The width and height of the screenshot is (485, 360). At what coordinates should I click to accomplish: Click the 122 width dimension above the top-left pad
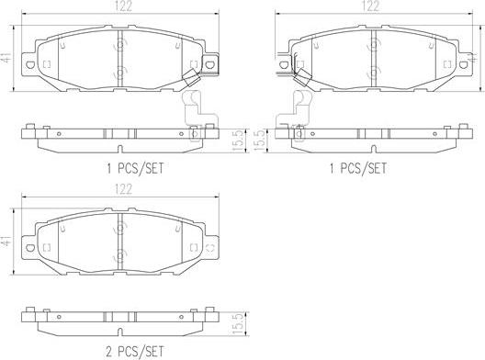tap(123, 6)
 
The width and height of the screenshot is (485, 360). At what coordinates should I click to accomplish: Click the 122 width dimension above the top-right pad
tap(371, 6)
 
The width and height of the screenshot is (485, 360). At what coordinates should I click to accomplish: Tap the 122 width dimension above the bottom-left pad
tap(123, 189)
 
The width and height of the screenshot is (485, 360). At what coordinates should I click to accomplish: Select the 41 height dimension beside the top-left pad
tap(6, 58)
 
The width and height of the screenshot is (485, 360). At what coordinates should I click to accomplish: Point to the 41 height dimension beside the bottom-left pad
tap(6, 241)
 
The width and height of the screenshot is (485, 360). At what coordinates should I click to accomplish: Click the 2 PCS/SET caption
tap(135, 352)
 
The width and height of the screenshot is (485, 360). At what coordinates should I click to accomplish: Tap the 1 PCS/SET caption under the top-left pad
tap(135, 169)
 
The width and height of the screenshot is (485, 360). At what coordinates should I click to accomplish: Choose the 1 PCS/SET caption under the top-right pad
tap(358, 169)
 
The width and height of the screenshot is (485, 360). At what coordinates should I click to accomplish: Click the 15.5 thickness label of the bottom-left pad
tap(238, 323)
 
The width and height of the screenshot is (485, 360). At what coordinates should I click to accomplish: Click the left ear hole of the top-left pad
tap(30, 65)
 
